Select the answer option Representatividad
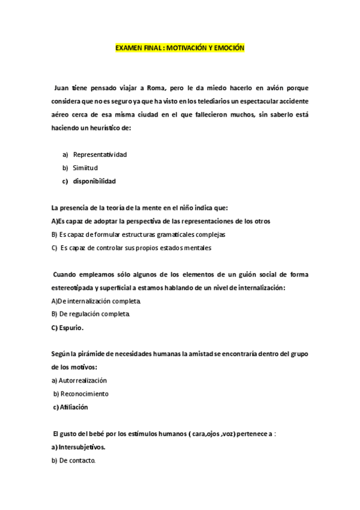(x=100, y=154)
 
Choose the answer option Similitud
(x=85, y=167)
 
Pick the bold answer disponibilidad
(x=94, y=180)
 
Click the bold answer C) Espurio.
(x=67, y=328)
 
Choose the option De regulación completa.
(x=90, y=314)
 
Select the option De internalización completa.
(x=96, y=301)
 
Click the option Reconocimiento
(x=81, y=393)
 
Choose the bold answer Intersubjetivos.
(x=78, y=447)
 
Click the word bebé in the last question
(x=96, y=433)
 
